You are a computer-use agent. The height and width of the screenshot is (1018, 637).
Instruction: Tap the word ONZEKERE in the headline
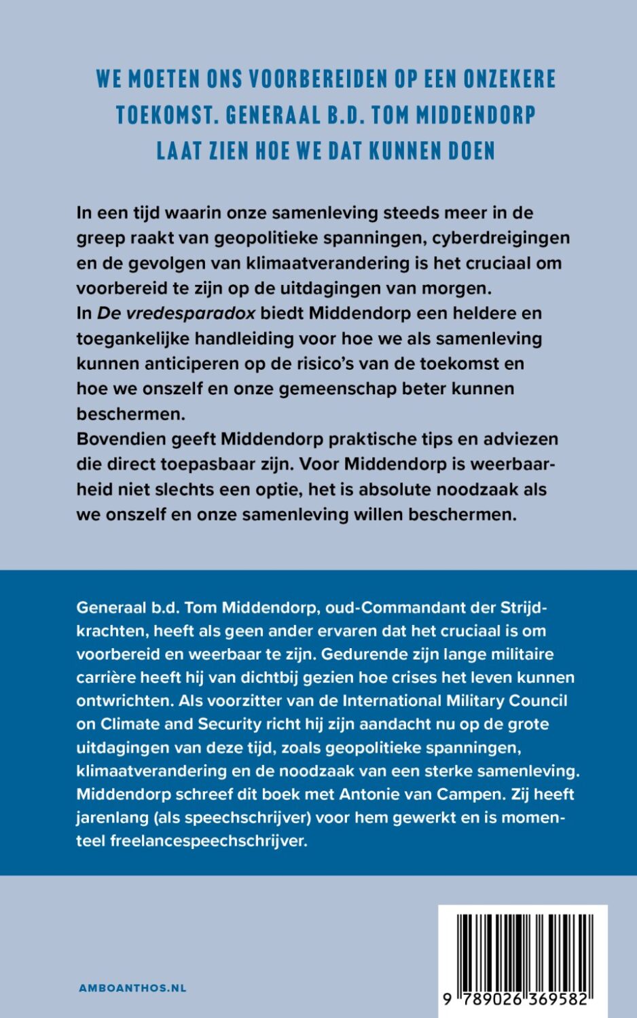509,79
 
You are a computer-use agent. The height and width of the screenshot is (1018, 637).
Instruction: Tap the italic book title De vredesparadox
177,314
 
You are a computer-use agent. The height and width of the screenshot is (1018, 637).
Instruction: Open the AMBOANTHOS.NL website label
132,988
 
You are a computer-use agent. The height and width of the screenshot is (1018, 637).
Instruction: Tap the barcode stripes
524,950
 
